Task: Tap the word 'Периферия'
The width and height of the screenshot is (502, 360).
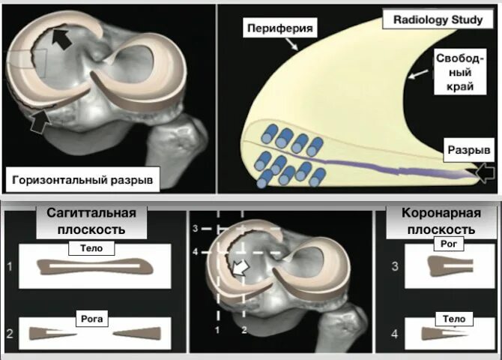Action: click(275, 28)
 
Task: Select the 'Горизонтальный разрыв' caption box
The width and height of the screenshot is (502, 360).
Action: click(82, 180)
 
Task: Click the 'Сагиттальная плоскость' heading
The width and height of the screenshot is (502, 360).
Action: click(92, 223)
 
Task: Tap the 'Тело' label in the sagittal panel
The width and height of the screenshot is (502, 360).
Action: click(95, 247)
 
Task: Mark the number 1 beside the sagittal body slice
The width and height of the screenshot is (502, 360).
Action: click(10, 265)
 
